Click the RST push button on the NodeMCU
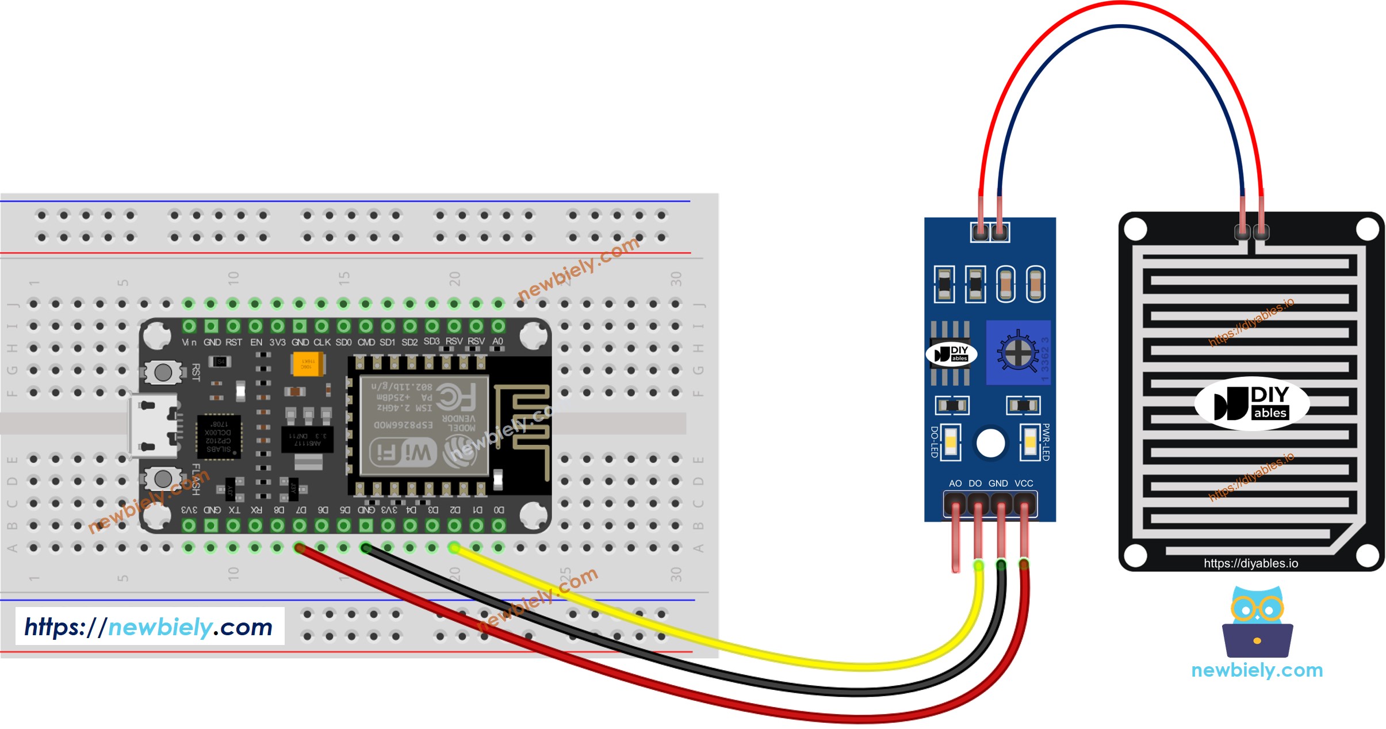click(163, 372)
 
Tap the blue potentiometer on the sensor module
click(1018, 352)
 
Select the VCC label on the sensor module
click(1024, 483)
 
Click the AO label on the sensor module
click(955, 483)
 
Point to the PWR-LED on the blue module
click(1029, 442)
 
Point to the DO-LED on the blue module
click(951, 442)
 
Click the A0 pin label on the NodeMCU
click(497, 341)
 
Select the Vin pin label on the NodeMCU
click(189, 342)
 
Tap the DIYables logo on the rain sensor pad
click(1251, 403)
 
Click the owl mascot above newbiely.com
click(1257, 621)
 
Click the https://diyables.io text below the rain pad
click(1251, 563)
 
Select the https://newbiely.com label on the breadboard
click(149, 627)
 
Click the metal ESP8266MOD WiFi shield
click(424, 426)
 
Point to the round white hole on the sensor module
click(990, 443)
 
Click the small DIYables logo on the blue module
click(951, 354)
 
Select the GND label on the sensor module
click(998, 483)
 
